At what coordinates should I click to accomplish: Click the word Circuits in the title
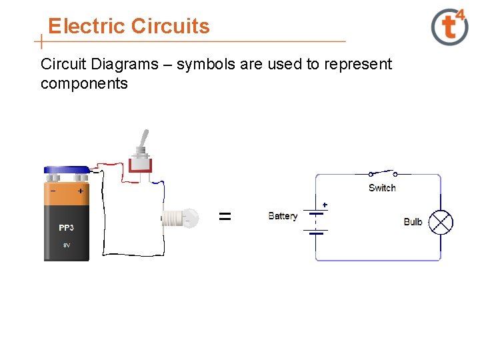[171, 27]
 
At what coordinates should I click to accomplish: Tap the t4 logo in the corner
[450, 27]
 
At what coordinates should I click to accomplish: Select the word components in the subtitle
[84, 83]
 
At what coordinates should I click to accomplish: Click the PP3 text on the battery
[66, 228]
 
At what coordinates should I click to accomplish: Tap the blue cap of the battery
[66, 171]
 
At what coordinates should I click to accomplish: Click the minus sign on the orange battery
[53, 191]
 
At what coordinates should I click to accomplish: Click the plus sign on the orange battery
[80, 191]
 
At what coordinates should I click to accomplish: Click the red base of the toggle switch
[141, 167]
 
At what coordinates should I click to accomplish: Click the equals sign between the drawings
[225, 216]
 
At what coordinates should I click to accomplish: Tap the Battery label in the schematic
[283, 216]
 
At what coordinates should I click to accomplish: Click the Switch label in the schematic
[382, 188]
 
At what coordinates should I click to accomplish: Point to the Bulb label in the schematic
[413, 222]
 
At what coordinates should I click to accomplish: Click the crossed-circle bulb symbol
[440, 222]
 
